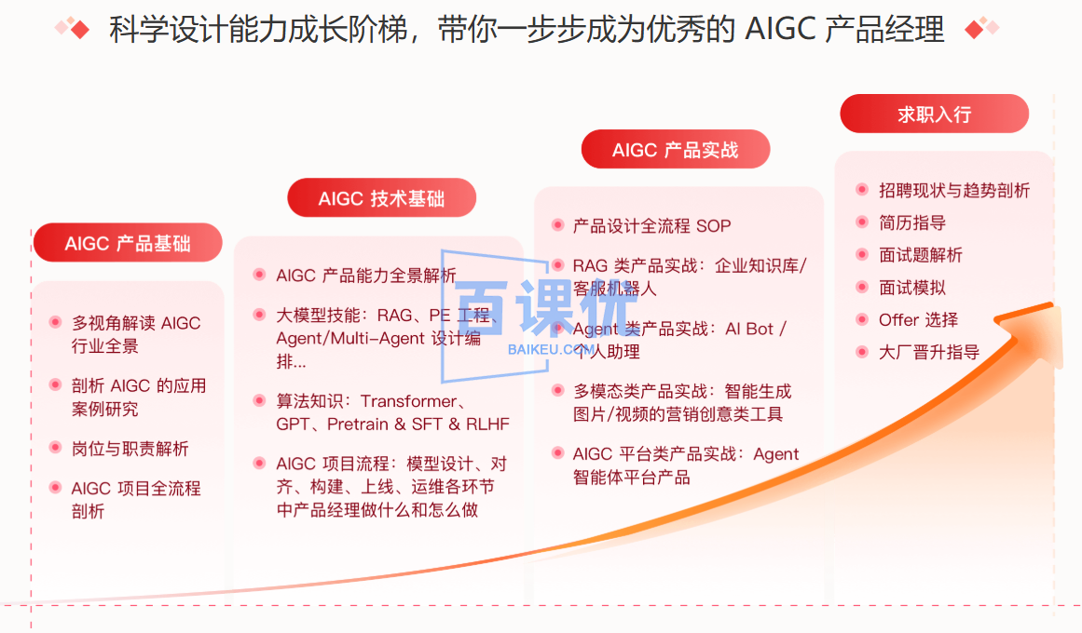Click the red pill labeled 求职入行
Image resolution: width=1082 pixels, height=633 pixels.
(934, 114)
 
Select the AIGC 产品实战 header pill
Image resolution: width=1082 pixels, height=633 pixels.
(675, 150)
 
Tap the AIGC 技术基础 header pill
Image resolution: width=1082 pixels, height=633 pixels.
(381, 198)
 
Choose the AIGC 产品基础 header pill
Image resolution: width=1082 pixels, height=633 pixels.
(128, 243)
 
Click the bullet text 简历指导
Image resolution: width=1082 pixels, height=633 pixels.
(912, 222)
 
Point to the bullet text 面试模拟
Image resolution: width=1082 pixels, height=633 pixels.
(912, 288)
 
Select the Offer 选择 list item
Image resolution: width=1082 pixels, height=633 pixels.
(918, 319)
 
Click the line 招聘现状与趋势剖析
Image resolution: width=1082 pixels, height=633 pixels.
(954, 191)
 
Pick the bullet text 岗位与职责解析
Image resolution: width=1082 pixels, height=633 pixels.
(130, 449)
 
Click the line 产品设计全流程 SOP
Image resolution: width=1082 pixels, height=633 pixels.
(651, 225)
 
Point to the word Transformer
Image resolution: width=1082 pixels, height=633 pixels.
(408, 401)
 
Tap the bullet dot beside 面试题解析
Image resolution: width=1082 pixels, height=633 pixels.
(862, 255)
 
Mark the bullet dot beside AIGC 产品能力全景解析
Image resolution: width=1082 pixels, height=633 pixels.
(259, 275)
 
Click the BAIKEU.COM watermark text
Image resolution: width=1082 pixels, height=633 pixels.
(551, 348)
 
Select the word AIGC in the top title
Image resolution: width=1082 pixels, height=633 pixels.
(779, 30)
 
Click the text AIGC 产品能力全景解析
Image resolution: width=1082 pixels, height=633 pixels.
(366, 276)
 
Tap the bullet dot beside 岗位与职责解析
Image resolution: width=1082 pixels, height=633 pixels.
(55, 449)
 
